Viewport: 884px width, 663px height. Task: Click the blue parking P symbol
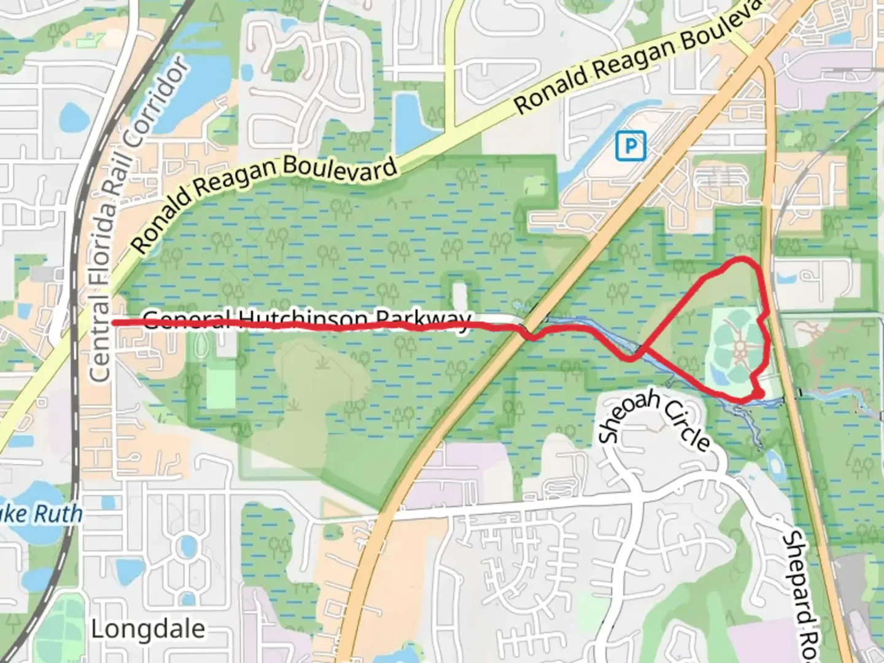point(630,146)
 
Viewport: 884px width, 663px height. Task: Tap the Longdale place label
point(148,629)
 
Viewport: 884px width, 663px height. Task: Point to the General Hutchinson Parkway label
point(307,319)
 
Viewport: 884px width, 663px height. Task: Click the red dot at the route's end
point(759,394)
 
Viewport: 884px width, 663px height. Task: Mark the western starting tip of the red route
point(114,322)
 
